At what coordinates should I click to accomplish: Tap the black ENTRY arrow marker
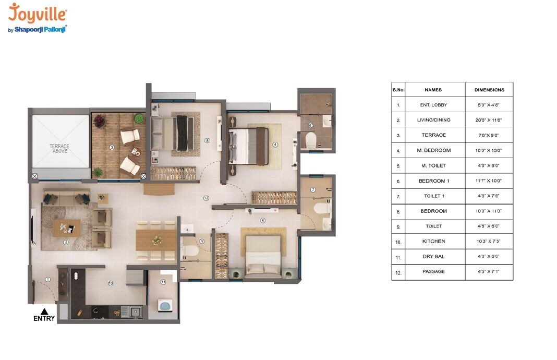44,311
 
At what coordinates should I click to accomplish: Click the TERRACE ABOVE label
59,149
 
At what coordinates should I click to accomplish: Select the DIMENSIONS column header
489,90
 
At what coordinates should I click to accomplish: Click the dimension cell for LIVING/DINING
489,120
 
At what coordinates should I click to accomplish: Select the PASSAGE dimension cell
489,272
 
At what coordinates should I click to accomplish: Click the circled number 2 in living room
66,242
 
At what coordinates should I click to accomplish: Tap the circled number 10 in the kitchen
110,283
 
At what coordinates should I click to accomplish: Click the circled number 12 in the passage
207,198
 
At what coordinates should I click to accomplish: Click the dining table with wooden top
156,240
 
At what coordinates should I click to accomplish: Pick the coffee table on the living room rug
66,227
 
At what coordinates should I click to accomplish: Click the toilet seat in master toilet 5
311,140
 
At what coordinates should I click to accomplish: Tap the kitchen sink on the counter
136,311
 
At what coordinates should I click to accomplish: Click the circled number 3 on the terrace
112,148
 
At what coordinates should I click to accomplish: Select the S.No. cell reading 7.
398,196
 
